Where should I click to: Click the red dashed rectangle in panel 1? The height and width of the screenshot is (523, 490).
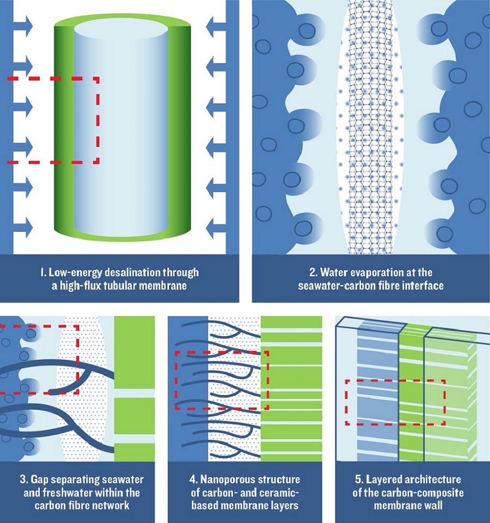[x=98, y=120]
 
